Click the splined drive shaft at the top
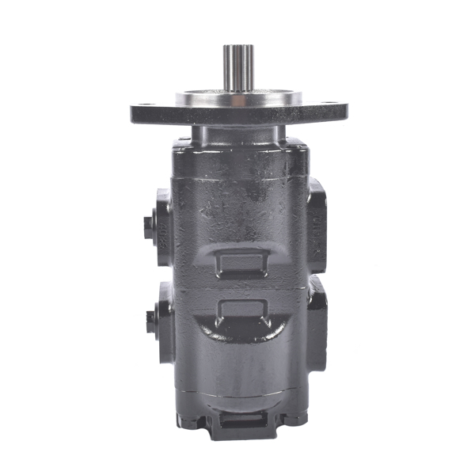point(237,67)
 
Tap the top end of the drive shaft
point(237,47)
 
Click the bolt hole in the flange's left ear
point(146,109)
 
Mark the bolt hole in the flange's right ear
point(329,109)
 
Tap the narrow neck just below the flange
point(237,131)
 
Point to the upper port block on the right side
point(318,226)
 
